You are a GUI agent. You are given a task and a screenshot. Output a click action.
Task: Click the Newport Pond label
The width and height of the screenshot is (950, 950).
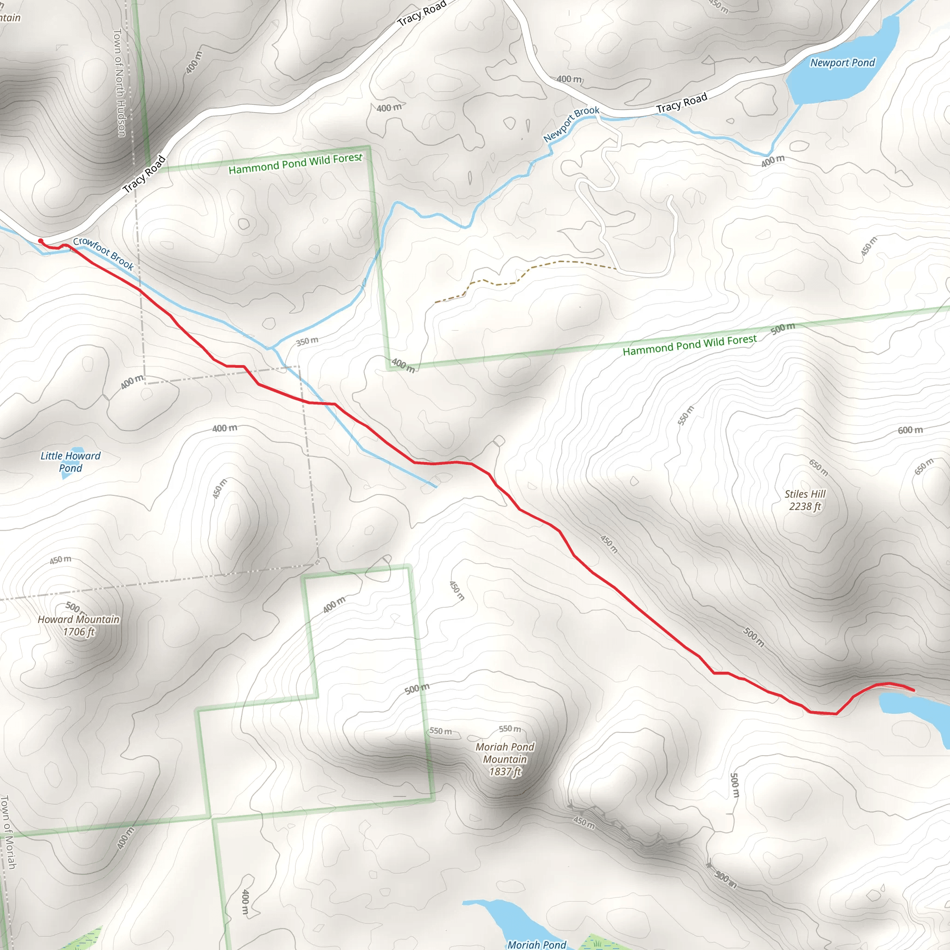842,63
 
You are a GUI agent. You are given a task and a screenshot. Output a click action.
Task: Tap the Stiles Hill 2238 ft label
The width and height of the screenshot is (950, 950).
805,500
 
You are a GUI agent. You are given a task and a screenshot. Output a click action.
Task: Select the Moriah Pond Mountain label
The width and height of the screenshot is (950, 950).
505,759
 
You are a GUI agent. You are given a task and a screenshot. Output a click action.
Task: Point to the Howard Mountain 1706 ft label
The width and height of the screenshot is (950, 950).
79,625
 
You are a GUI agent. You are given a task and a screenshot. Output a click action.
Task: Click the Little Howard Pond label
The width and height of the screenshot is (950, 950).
71,462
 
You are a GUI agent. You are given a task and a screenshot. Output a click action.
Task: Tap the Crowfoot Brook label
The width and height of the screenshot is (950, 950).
103,253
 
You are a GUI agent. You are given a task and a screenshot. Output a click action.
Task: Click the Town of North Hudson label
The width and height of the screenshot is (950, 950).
120,82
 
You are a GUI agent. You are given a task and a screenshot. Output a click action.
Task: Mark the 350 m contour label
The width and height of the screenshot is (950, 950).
308,341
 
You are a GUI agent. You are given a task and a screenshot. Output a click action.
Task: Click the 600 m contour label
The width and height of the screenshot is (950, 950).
910,430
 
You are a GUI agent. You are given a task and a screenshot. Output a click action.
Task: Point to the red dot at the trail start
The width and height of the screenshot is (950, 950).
41,241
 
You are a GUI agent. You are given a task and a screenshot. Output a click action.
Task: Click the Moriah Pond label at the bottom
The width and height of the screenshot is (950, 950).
537,944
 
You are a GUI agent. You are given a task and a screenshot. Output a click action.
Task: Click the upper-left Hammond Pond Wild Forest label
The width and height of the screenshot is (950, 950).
295,163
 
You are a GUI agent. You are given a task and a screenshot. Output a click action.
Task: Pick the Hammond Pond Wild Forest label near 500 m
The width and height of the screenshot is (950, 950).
689,345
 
